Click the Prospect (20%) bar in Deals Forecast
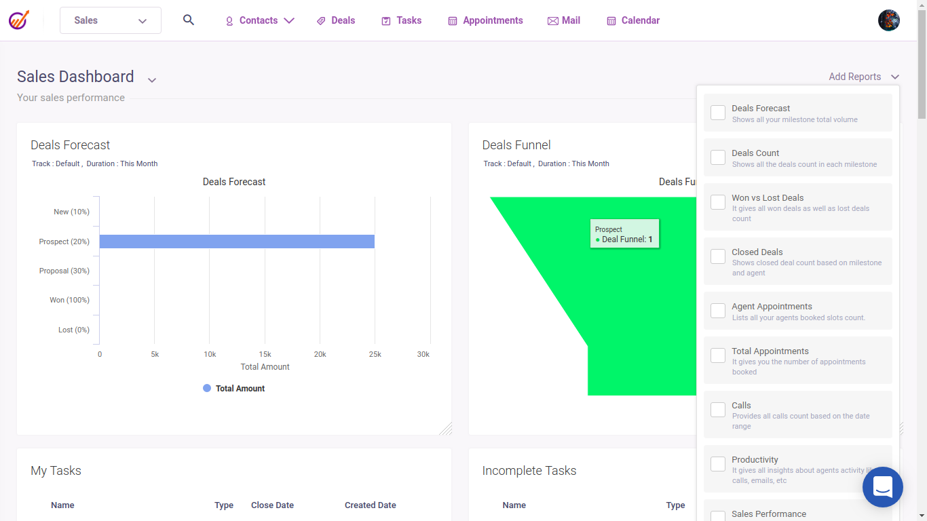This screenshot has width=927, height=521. (237, 242)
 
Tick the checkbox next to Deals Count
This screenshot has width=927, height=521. (718, 157)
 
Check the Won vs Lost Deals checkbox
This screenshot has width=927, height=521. (718, 202)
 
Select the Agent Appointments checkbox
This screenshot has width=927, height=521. (718, 311)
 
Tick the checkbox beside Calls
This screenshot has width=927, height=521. (718, 410)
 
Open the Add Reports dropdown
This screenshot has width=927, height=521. (864, 77)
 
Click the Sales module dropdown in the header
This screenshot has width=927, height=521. (111, 20)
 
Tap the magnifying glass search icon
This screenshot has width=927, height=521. (189, 20)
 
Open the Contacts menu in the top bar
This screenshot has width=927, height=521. (260, 20)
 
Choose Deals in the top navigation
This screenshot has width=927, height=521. (336, 20)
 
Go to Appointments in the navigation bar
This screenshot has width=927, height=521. (485, 20)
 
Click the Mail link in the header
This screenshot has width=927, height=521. (564, 20)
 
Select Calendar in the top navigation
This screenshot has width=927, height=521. (633, 20)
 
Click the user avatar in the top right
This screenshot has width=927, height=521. (889, 20)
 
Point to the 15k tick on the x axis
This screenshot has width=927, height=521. (265, 354)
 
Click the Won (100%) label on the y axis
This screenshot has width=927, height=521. (69, 300)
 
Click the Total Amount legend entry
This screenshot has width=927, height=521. (234, 388)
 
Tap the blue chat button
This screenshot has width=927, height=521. (882, 487)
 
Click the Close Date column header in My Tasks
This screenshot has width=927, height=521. (272, 505)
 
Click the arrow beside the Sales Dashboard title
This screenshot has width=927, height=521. (152, 80)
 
